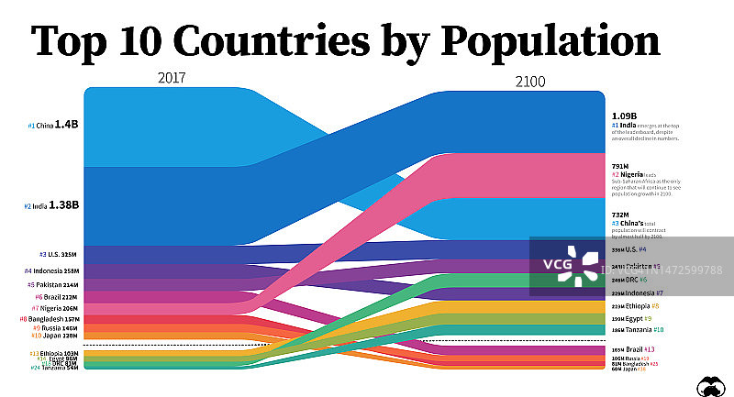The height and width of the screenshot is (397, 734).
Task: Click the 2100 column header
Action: click(529, 81)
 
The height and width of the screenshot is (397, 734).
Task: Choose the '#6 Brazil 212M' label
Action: click(57, 297)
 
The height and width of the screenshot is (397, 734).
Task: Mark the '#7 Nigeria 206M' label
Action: click(56, 308)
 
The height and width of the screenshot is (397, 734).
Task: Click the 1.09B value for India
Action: click(625, 116)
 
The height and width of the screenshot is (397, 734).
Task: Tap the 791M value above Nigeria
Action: click(621, 166)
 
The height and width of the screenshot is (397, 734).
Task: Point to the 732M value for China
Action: click(621, 214)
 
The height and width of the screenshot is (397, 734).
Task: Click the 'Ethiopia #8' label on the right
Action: click(635, 306)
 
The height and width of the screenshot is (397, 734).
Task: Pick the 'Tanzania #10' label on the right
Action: click(637, 329)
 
